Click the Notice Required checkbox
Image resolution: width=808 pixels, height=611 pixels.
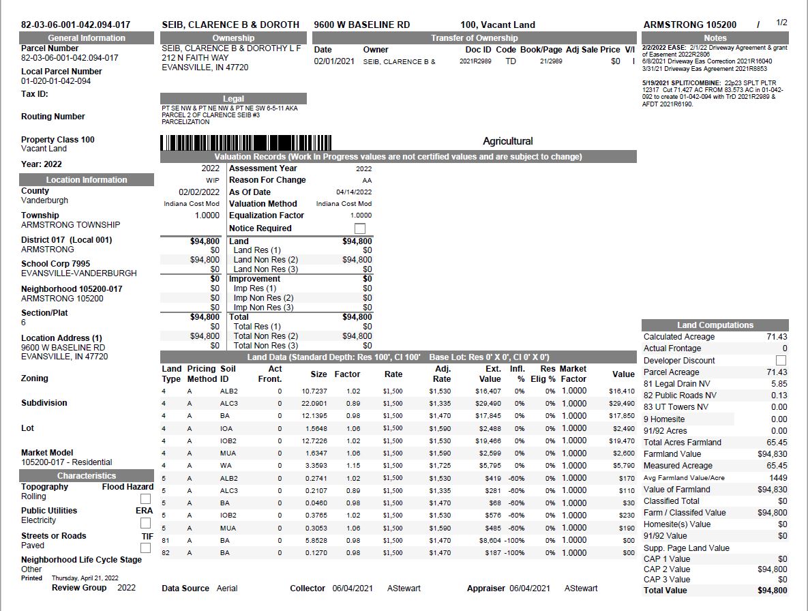[359, 228]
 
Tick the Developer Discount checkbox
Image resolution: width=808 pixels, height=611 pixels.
[781, 360]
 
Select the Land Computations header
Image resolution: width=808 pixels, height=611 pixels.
[715, 325]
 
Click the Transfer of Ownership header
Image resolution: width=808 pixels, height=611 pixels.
[474, 38]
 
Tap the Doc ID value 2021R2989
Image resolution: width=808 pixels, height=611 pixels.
[475, 61]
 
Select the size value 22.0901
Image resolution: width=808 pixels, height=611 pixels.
[314, 404]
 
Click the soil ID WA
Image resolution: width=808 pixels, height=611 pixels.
[226, 466]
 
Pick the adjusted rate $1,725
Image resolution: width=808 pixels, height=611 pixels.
[440, 466]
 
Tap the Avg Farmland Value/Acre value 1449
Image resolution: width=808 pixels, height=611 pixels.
[778, 477]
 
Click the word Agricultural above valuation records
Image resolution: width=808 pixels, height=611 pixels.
[507, 141]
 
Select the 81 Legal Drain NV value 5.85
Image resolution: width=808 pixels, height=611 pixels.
[779, 384]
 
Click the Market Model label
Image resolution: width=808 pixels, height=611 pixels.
[47, 453]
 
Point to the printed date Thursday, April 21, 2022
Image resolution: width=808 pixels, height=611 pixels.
[85, 578]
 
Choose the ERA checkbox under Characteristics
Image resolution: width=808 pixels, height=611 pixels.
[145, 523]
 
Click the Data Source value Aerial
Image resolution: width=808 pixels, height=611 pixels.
[227, 588]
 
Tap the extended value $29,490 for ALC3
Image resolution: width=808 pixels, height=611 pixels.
[490, 404]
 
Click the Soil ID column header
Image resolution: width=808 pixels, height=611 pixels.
[228, 374]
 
